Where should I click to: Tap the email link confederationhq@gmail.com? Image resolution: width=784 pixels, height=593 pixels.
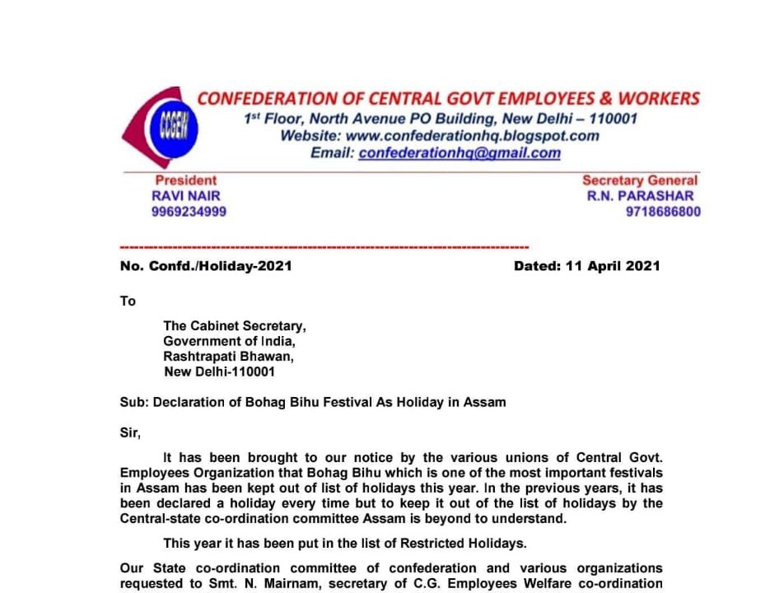coord(460,153)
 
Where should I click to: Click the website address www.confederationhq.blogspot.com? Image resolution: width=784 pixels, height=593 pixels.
coord(473,136)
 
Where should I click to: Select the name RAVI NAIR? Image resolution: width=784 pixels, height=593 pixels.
coord(186,196)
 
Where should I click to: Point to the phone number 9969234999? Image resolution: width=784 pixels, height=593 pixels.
coord(189,212)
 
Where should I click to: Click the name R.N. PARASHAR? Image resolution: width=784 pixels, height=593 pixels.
coord(640,196)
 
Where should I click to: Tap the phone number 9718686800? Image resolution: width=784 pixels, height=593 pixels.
coord(663,212)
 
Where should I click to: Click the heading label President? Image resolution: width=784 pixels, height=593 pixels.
coord(186,180)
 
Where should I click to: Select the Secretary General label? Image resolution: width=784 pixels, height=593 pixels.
coord(640,180)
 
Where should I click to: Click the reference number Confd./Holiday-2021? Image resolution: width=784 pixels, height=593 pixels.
coord(220,266)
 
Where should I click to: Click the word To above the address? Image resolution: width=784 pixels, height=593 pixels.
coord(128,301)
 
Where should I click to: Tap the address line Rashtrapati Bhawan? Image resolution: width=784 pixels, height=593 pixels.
coord(228,357)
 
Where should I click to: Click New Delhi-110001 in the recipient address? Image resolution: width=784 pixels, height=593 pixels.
coord(220,371)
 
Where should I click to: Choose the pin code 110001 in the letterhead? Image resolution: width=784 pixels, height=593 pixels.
coord(609,119)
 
